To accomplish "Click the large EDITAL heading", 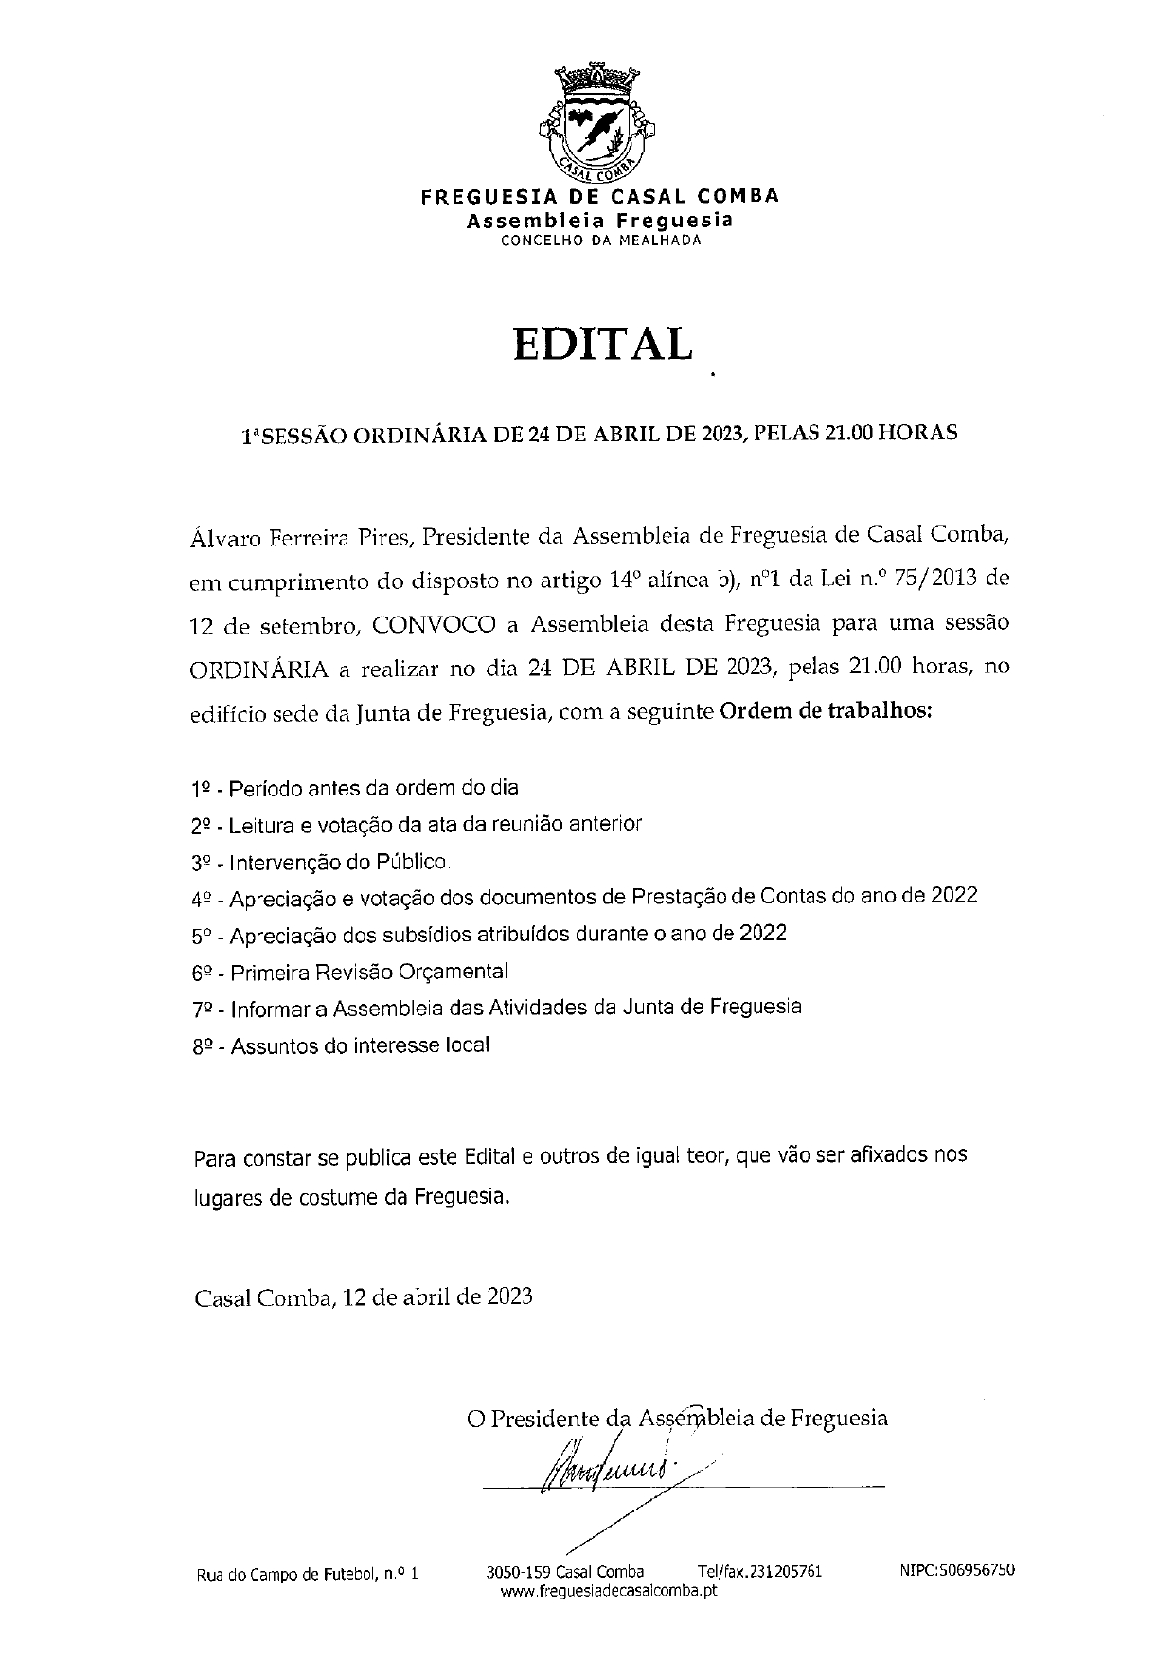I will click(x=602, y=345).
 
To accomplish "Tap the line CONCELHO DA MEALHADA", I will click(x=600, y=241).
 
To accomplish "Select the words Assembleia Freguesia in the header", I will click(x=600, y=220).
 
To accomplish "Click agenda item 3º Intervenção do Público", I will click(x=320, y=862).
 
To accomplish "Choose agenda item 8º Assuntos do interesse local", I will click(x=341, y=1046).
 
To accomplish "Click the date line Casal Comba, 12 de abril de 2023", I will click(x=364, y=1296).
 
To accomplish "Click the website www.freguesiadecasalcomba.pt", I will click(x=608, y=1590).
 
